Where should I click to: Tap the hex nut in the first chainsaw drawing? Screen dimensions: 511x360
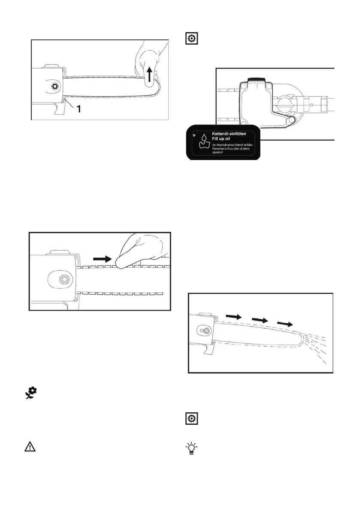[x=54, y=86]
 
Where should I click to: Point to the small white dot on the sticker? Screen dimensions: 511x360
[x=194, y=135]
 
